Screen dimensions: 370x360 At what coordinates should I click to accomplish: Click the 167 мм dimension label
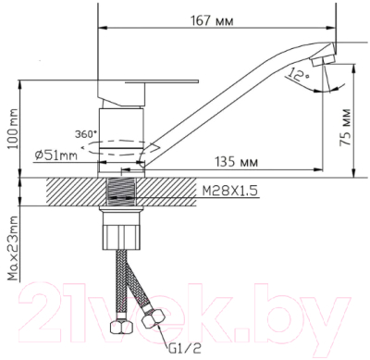coord(212,20)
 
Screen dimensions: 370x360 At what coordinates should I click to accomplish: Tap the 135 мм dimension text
coord(236,161)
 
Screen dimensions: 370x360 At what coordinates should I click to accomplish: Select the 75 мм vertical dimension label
coord(345,127)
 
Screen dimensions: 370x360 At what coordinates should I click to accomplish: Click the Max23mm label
coord(13,248)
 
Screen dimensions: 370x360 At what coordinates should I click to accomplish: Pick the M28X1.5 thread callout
coord(229,191)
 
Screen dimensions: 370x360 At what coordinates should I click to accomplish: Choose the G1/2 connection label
coord(185,349)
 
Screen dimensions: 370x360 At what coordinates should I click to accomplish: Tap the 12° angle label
coord(296,74)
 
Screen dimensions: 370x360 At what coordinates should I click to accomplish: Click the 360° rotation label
coord(86,134)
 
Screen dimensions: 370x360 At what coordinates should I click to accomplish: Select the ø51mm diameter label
coord(55,155)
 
